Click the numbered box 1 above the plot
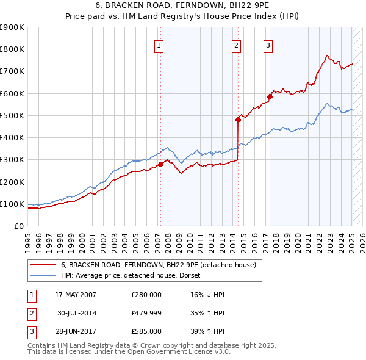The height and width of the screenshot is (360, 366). tap(159, 45)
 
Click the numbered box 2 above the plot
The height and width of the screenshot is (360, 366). tap(236, 45)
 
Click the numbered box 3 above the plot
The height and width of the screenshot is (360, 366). tap(268, 45)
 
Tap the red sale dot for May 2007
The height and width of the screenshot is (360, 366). tap(160, 164)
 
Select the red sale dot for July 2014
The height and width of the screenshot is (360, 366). tap(238, 120)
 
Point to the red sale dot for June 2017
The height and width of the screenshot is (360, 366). tap(269, 96)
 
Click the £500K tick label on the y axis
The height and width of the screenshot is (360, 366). tap(12, 115)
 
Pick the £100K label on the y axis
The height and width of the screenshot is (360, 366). tap(12, 204)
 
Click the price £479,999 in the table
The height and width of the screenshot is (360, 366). tap(146, 313)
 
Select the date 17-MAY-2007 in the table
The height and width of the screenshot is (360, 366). tap(76, 295)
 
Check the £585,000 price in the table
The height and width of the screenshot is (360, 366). tap(146, 331)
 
